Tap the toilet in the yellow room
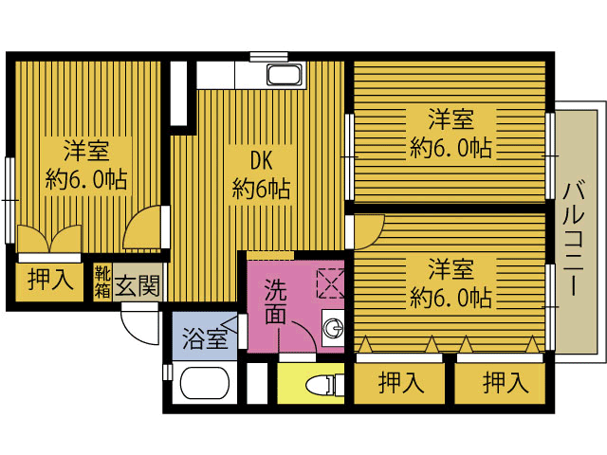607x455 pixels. [324, 384]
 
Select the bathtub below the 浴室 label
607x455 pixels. [205, 383]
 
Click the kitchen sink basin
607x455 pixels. [285, 75]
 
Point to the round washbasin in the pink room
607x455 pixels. [334, 329]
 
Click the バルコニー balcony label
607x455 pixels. [573, 238]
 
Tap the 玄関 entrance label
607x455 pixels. [138, 285]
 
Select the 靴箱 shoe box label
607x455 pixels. [102, 282]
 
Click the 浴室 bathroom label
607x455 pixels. [205, 338]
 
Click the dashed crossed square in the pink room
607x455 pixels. [331, 283]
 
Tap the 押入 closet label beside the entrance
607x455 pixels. [50, 280]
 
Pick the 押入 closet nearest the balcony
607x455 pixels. [506, 382]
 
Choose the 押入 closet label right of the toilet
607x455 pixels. [401, 382]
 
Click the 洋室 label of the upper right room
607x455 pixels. [451, 119]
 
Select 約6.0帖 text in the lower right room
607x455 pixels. [451, 297]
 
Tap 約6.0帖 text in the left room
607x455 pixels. [86, 178]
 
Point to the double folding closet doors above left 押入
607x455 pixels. [49, 239]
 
